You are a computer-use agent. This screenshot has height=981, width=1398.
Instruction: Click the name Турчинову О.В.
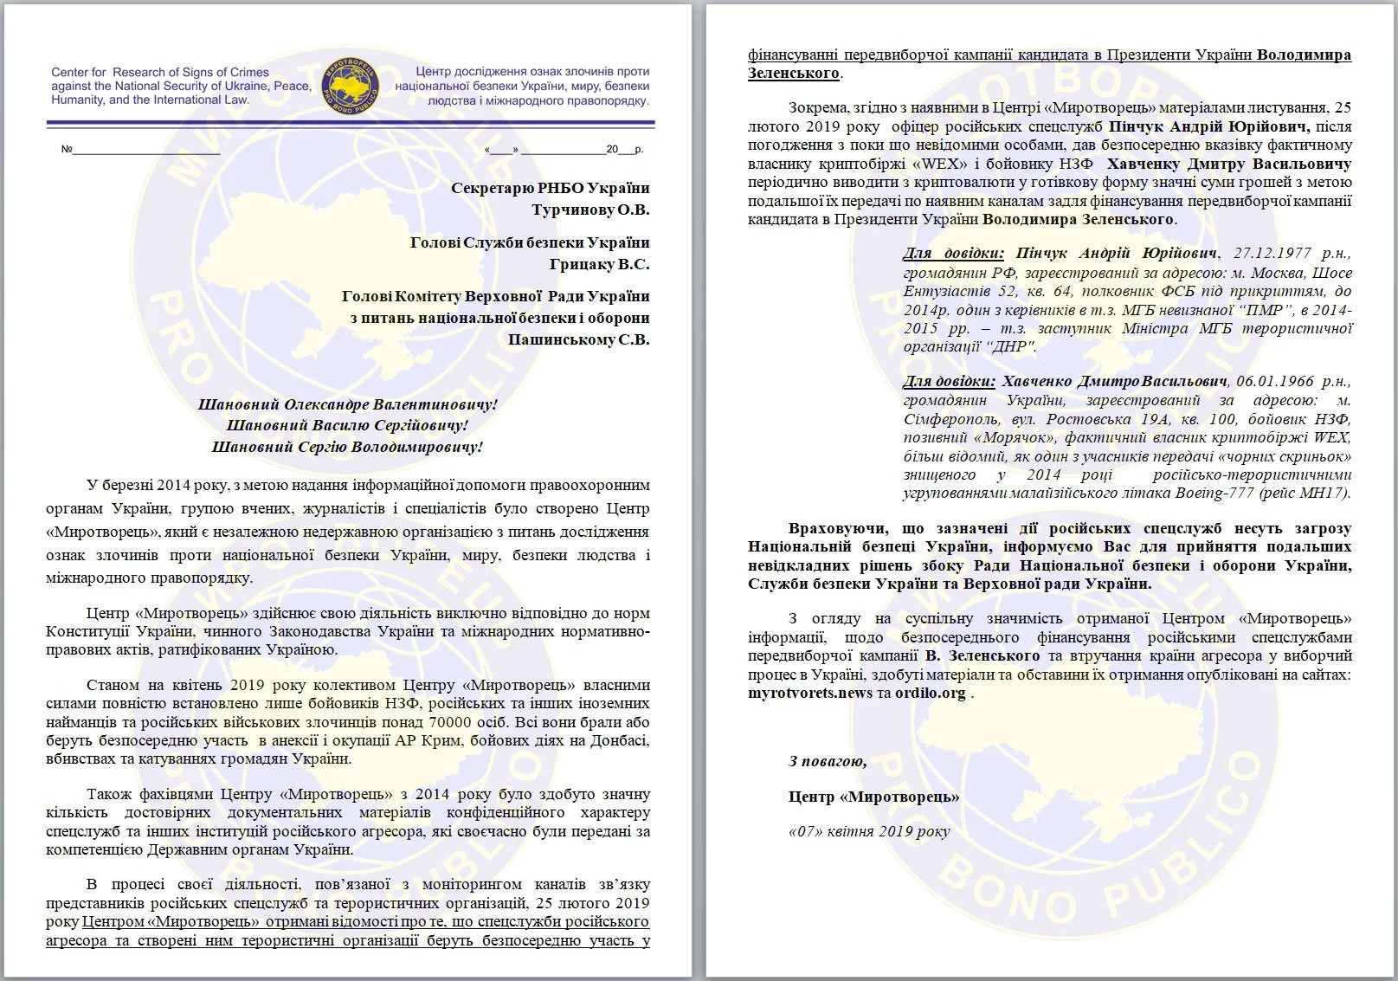[589, 210]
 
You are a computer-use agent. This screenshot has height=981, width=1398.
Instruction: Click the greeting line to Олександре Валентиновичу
[348, 404]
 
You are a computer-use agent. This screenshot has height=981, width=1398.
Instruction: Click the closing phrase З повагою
[828, 761]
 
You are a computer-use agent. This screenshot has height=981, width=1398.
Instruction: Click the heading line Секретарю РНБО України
[550, 188]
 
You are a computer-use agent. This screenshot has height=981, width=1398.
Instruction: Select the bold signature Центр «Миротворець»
[873, 797]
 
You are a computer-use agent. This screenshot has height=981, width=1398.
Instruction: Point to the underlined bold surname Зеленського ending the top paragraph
[793, 73]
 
